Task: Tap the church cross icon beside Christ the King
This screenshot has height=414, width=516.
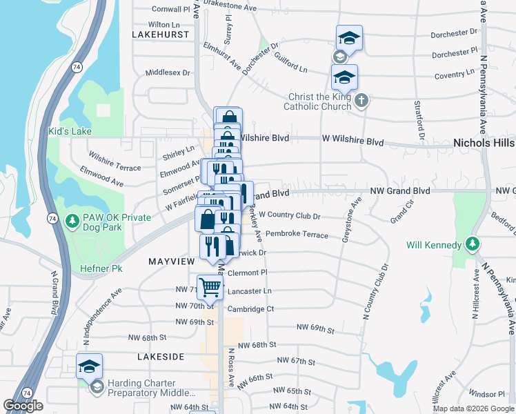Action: tap(360, 102)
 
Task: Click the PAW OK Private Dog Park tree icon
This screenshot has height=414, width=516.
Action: tap(71, 221)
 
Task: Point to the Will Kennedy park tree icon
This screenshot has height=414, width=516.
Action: tap(472, 244)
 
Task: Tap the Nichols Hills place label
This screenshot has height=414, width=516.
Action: tap(483, 143)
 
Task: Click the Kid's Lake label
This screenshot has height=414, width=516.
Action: tap(70, 131)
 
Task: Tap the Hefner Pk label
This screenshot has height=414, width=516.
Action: tap(101, 268)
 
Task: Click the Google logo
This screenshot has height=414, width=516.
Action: tap(23, 406)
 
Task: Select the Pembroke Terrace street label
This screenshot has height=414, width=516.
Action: tap(297, 235)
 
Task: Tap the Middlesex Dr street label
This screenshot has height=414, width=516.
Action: tap(168, 72)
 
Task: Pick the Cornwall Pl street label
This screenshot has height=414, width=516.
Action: tap(171, 10)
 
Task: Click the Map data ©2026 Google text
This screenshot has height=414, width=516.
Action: tap(473, 408)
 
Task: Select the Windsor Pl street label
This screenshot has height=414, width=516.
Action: tap(487, 394)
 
